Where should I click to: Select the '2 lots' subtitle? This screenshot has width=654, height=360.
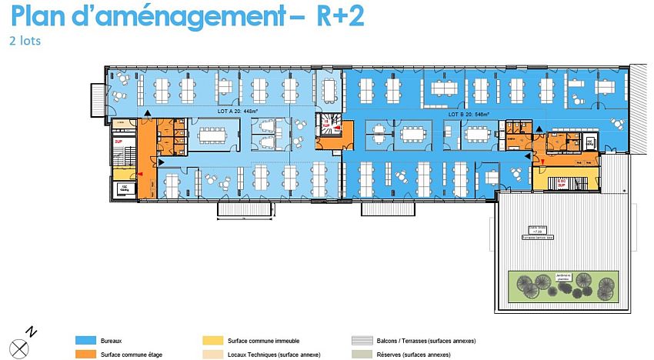(x=25, y=41)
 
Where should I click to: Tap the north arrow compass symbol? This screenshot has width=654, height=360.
(x=19, y=345)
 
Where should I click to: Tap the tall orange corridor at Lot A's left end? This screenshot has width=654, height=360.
(x=146, y=158)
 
